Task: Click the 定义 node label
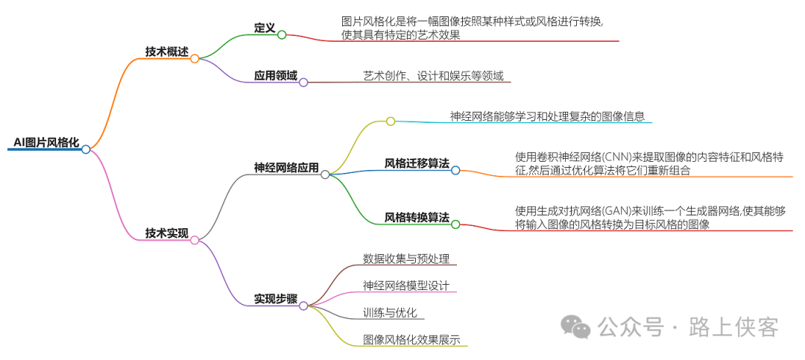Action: tap(265, 28)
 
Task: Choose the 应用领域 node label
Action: tap(275, 76)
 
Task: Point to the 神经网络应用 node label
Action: tap(286, 168)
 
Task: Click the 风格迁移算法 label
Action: tap(417, 163)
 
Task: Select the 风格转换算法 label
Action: tap(417, 218)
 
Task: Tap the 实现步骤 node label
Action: tap(275, 299)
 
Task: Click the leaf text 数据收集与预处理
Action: tap(406, 259)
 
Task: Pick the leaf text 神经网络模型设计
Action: tap(406, 285)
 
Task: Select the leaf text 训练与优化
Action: tap(389, 312)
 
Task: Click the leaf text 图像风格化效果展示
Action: tap(411, 340)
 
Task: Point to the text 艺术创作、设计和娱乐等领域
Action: tap(433, 76)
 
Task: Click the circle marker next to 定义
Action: tap(282, 34)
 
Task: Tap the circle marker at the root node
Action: tap(86, 149)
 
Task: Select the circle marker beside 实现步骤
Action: tap(303, 306)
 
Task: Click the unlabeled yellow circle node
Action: tap(391, 121)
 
